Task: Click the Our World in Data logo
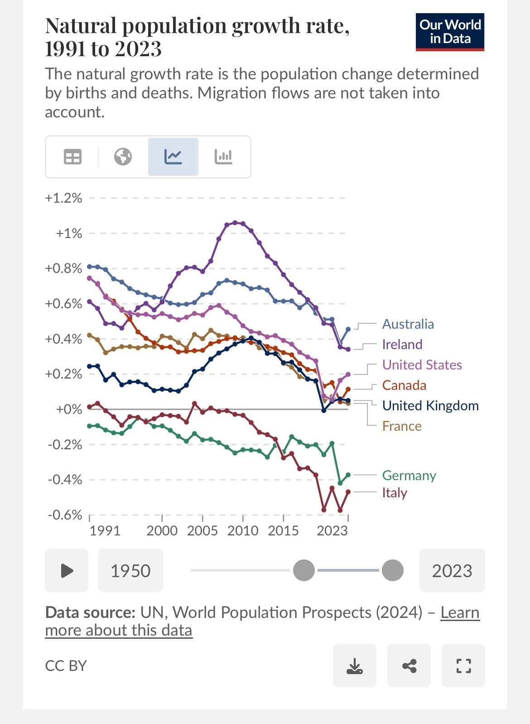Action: [x=450, y=32]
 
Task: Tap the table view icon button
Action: [x=72, y=157]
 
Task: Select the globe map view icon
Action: [x=123, y=157]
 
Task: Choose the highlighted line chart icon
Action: [x=173, y=157]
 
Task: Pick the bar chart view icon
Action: [x=223, y=157]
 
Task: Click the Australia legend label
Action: [x=408, y=324]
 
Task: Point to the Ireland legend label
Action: [x=402, y=345]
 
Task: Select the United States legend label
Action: [x=422, y=365]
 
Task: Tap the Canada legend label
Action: [x=404, y=385]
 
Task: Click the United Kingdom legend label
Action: [x=430, y=406]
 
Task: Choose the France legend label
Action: [x=402, y=426]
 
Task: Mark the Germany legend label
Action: [x=409, y=476]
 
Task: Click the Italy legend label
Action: [x=395, y=493]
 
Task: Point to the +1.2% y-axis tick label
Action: [x=63, y=198]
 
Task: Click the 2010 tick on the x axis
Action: [x=243, y=530]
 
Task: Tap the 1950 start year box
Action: [x=130, y=570]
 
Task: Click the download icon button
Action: [x=354, y=666]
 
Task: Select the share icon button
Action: [x=409, y=666]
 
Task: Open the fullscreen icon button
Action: [x=463, y=666]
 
